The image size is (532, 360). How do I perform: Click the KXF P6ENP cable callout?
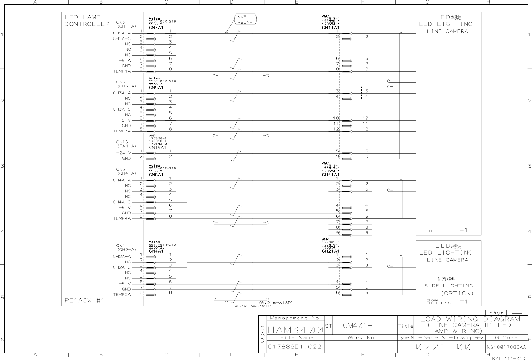tap(246, 19)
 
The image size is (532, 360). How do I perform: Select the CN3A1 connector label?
tap(156, 28)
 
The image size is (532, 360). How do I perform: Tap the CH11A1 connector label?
tap(330, 28)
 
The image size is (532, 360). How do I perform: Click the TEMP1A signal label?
tap(122, 71)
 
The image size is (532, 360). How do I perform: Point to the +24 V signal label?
tap(124, 153)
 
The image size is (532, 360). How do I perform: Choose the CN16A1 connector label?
tap(157, 147)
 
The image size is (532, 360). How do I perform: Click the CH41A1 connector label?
tap(330, 175)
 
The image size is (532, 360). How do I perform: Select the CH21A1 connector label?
tap(330, 251)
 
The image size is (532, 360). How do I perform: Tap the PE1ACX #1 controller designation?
tap(85, 300)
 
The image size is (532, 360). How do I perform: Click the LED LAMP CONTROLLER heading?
tap(87, 20)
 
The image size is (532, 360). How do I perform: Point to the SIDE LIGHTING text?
tap(449, 286)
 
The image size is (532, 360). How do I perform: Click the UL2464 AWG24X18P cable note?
tap(253, 306)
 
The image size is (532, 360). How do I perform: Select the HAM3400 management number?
tap(295, 330)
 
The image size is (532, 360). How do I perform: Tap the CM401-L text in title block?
tap(360, 326)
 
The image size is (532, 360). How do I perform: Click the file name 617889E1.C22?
tap(294, 347)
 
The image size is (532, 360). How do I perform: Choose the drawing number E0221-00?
tap(439, 347)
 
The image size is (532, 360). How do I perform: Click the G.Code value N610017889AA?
tap(506, 347)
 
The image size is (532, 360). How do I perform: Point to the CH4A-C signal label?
tap(122, 202)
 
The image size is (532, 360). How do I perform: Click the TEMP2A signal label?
tap(122, 295)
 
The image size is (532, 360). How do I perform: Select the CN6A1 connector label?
tap(156, 175)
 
